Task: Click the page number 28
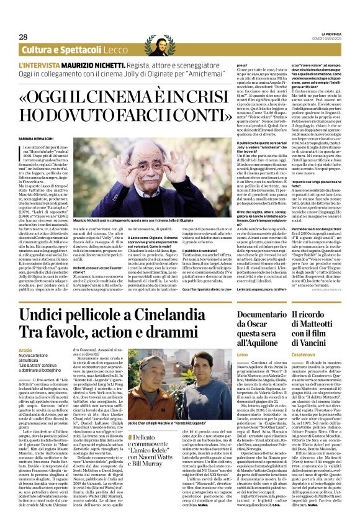[24, 37]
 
